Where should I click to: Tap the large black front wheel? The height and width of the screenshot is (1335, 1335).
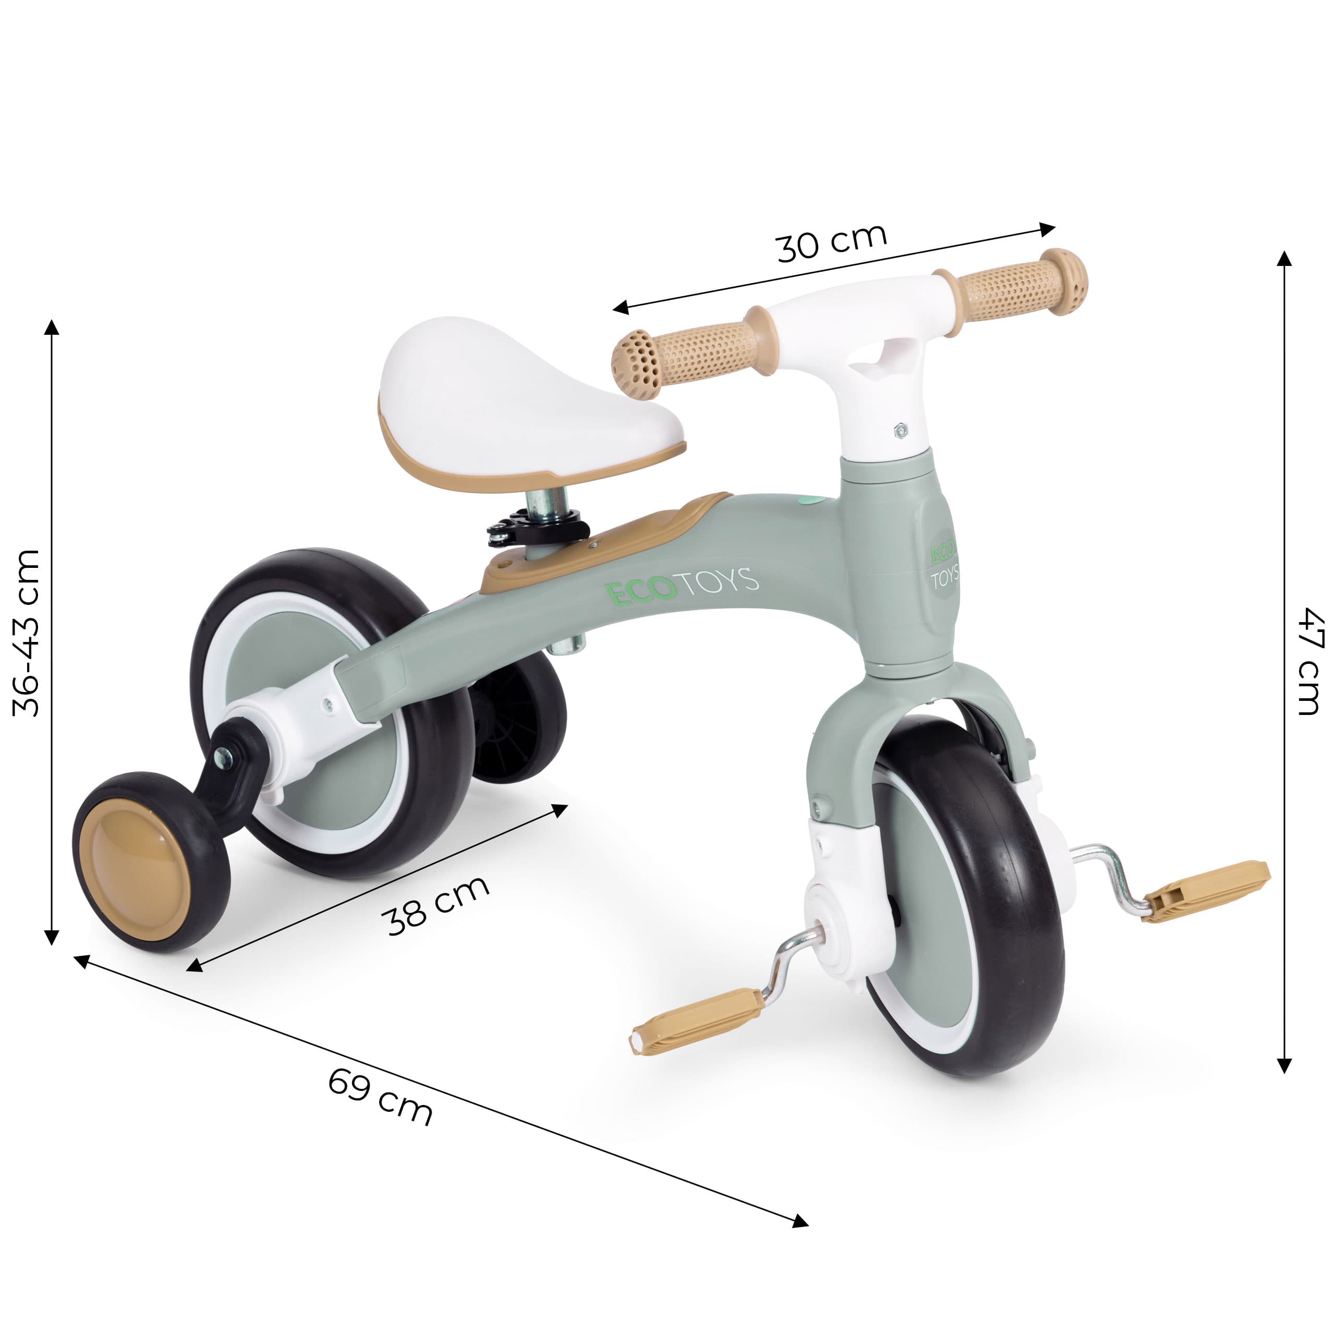[x=967, y=899]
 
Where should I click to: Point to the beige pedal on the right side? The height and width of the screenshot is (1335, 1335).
[x=1206, y=891]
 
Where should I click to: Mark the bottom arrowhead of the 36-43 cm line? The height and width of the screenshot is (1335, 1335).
[x=52, y=938]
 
